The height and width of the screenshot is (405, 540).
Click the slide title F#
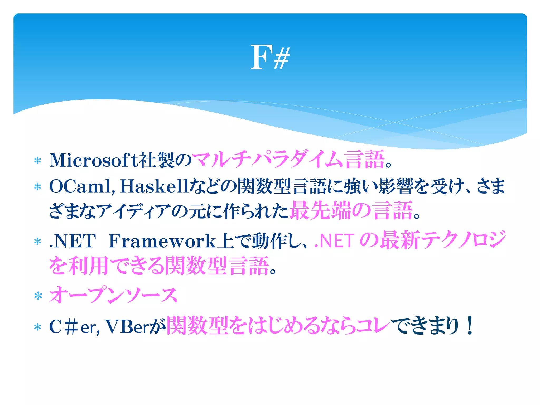(x=270, y=57)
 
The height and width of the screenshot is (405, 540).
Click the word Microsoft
(x=94, y=160)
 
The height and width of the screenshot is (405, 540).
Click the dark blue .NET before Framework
(x=73, y=241)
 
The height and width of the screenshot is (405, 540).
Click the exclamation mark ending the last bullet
(x=470, y=326)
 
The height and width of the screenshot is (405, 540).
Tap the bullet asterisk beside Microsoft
(x=38, y=161)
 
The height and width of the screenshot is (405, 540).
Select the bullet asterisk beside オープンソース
(x=38, y=296)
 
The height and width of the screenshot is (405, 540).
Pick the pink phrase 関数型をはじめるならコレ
(x=278, y=326)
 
